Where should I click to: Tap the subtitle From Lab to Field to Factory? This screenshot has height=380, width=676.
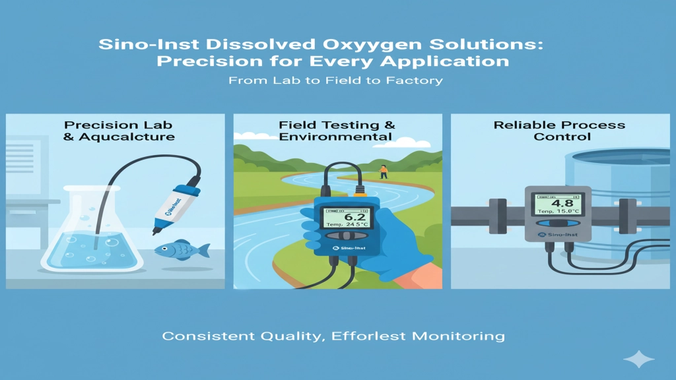click(335, 80)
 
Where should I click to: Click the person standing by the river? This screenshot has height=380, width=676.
click(383, 172)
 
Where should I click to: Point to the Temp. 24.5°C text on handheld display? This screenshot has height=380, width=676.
click(346, 225)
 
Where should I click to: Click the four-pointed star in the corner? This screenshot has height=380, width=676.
click(638, 360)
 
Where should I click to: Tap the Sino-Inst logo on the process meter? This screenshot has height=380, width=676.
click(558, 234)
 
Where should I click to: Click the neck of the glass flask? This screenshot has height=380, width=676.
click(92, 205)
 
